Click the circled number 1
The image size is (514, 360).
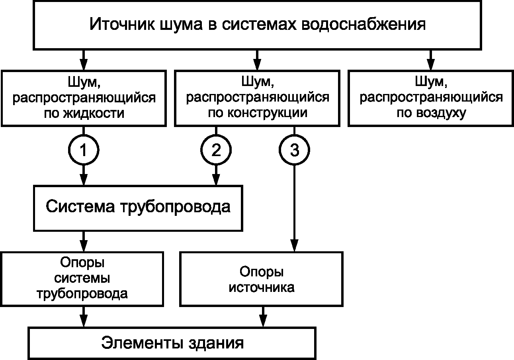pos(84,150)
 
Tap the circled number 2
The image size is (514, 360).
pos(216,150)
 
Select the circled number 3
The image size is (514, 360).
pos(294,150)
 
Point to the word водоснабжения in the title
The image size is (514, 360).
pos(364,24)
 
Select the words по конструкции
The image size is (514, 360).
pos(258,113)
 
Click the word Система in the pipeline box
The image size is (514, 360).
pos(80,206)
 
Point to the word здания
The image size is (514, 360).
pos(216,343)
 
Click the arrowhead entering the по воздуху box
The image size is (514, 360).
pos(431,65)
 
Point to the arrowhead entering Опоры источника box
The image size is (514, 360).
pos(294,246)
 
